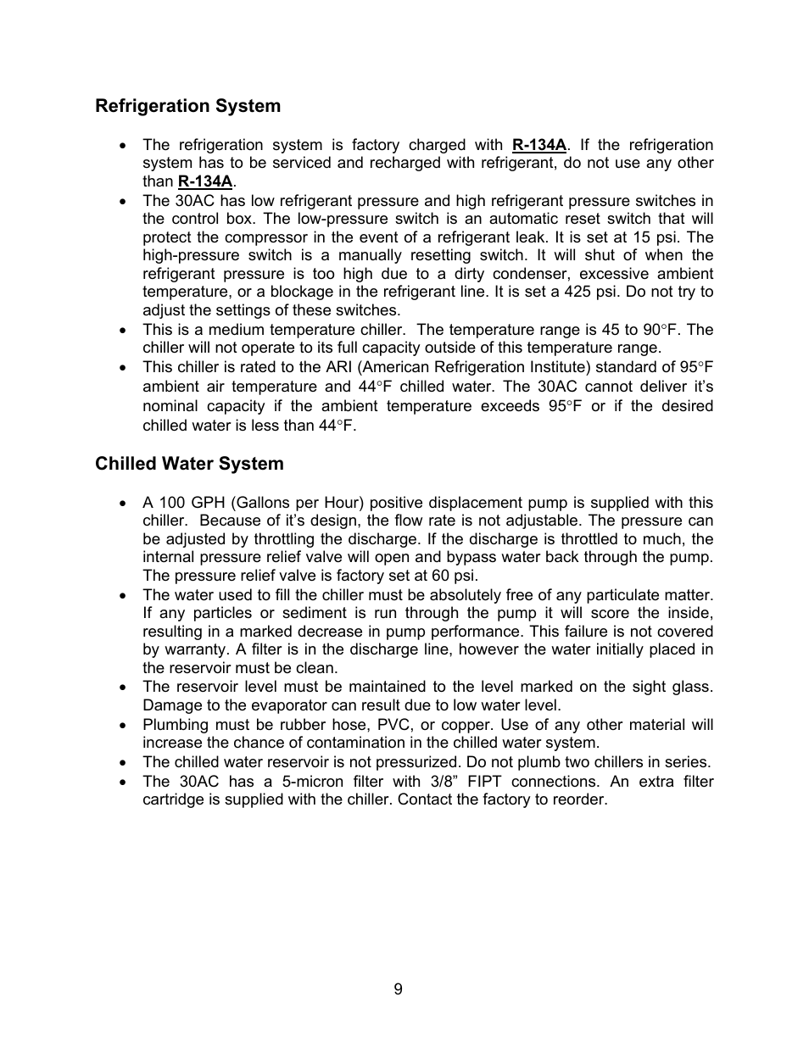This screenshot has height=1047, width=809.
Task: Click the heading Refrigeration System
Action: click(187, 106)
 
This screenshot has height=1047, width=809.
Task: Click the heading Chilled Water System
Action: click(189, 464)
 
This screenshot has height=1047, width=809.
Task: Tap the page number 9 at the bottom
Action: click(399, 989)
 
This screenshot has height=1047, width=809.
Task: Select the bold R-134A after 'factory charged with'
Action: click(538, 145)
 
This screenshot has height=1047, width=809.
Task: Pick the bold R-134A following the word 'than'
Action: click(205, 181)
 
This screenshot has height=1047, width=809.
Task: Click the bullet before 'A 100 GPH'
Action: click(125, 504)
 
